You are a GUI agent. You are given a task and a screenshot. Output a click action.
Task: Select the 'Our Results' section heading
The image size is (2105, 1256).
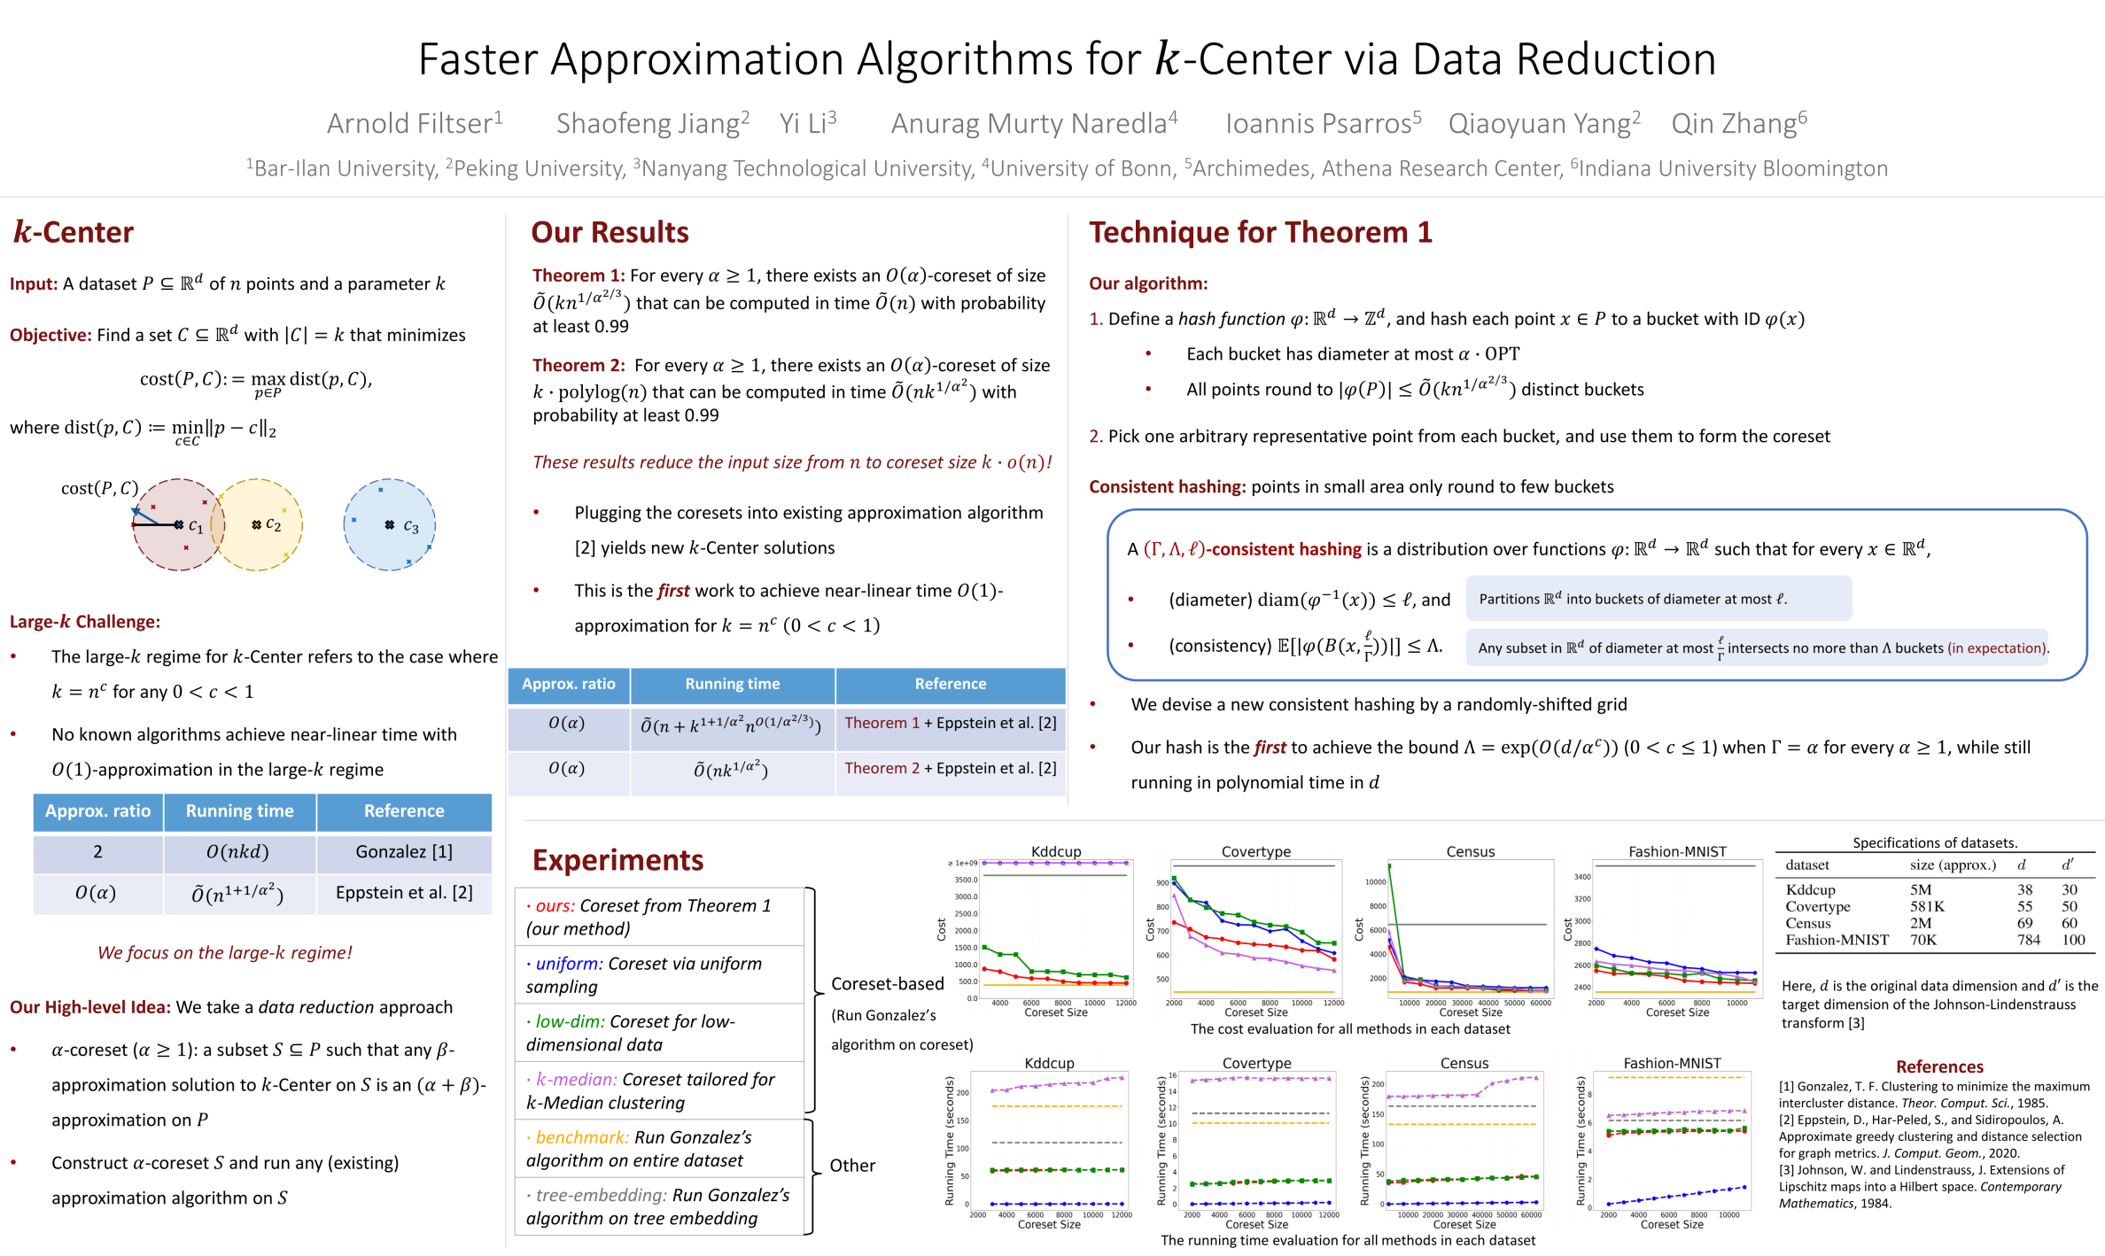(x=610, y=232)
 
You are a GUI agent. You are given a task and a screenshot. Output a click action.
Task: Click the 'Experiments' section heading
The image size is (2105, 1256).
(x=618, y=860)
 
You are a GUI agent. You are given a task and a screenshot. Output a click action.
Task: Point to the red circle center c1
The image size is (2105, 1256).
(x=180, y=524)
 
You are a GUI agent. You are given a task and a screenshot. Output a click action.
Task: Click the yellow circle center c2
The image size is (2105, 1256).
(x=257, y=524)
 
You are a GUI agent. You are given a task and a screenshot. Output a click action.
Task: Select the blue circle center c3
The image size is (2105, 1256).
(x=390, y=524)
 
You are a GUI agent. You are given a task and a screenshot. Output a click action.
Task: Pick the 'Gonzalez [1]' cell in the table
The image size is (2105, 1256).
(x=404, y=851)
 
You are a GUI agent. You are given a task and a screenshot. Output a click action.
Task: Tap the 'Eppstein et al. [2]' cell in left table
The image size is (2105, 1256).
(x=404, y=892)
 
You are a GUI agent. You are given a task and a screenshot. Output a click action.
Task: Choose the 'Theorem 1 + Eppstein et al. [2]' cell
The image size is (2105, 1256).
(x=950, y=723)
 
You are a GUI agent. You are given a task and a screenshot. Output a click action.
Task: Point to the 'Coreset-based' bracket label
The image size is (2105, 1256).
(x=887, y=984)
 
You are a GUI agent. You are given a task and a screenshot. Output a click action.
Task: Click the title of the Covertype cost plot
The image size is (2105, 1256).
(x=1255, y=851)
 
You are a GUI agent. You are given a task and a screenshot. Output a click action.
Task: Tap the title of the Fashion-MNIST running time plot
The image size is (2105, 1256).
(x=1672, y=1063)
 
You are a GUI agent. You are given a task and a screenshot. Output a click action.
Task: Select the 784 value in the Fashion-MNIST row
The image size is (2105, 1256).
(x=2028, y=940)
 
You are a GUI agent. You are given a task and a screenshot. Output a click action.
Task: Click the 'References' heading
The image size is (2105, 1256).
(x=1938, y=1066)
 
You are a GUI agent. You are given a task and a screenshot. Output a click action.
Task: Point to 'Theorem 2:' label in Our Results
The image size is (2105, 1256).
(x=579, y=365)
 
